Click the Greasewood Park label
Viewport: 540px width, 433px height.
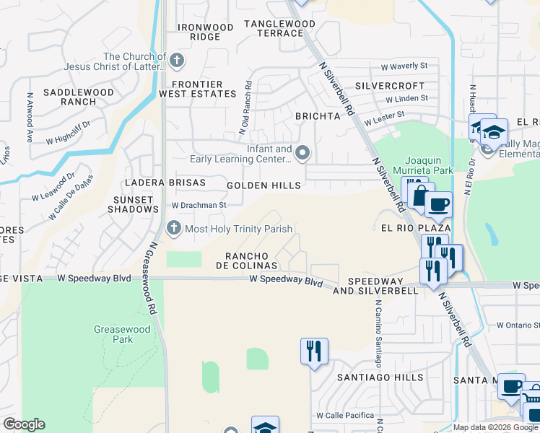coord(113,334)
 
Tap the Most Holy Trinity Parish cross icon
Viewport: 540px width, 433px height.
coord(173,229)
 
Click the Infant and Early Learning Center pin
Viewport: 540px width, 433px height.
coord(302,152)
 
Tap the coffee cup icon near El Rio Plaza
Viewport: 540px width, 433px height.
coord(438,204)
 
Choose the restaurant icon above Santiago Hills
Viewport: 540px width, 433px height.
coord(314,351)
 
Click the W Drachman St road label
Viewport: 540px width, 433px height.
coord(199,205)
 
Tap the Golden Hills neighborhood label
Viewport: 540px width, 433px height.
coord(264,185)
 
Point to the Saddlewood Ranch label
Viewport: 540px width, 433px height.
coord(79,97)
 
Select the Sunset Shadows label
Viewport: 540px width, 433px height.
coord(133,204)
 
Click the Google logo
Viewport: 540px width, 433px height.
coord(24,424)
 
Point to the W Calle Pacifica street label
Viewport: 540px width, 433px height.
coord(345,416)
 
